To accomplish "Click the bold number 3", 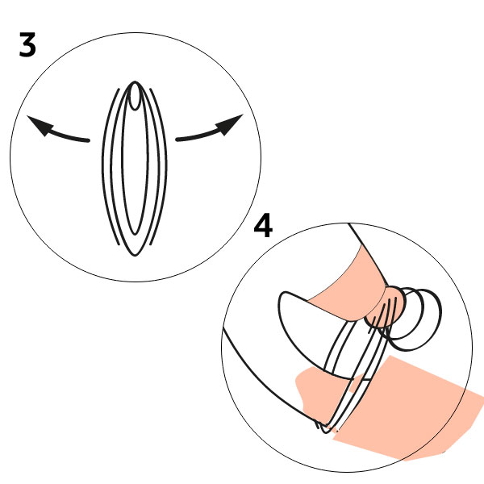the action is click(x=27, y=44).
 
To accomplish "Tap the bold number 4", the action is click(x=263, y=225).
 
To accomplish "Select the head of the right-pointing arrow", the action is click(x=230, y=123).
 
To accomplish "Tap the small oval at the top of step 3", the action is click(x=135, y=96).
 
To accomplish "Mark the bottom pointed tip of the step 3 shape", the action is click(x=134, y=255).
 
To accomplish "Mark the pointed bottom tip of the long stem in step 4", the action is click(x=324, y=432).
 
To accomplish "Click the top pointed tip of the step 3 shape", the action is click(x=135, y=81).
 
